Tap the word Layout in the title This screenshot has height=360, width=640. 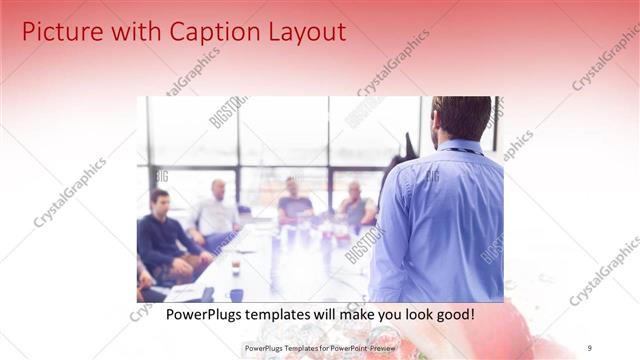[300, 32]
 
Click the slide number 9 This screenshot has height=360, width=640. [590, 348]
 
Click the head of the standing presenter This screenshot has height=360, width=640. [461, 118]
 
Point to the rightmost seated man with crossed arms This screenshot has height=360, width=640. [355, 206]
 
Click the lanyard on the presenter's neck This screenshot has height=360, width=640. [462, 151]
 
